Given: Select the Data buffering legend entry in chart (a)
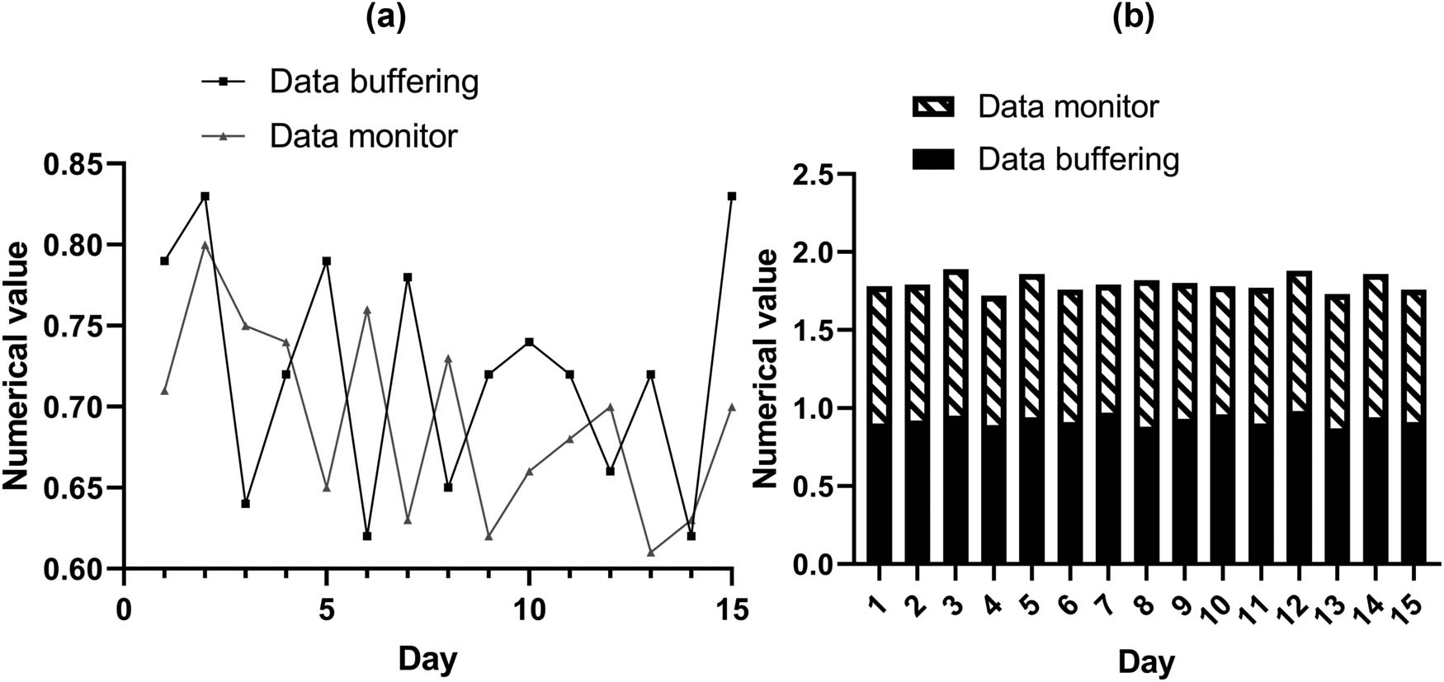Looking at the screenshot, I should point(374,81).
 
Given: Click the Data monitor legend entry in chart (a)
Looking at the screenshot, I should point(363,135).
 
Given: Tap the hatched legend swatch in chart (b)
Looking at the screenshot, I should point(932,106).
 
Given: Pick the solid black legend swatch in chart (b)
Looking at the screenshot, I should point(932,159).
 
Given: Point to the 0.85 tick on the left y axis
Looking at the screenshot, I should point(78,165).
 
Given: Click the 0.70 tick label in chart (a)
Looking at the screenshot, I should point(78,407).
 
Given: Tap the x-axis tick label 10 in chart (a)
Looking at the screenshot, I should point(529,610).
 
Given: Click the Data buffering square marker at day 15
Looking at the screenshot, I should point(731,196).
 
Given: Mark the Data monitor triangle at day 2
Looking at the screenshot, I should point(205,245).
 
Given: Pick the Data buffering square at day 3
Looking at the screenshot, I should point(245,503).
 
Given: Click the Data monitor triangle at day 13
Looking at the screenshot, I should point(650,553).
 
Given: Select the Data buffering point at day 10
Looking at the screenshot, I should point(529,341).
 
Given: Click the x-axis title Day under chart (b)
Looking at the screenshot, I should point(1146,661).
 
